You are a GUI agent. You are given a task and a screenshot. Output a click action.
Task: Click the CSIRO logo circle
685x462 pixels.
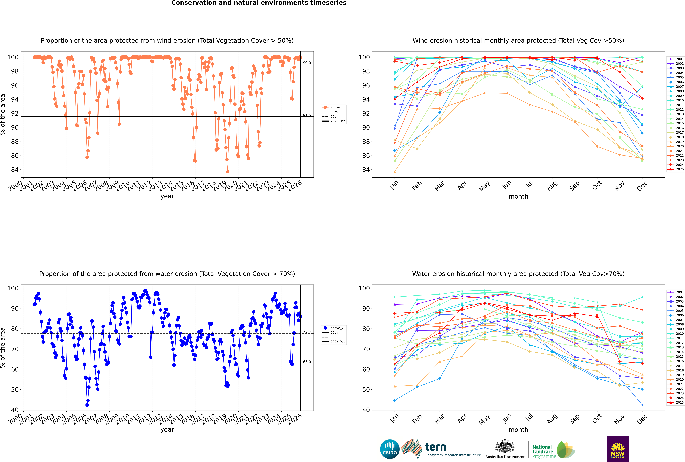click(x=390, y=449)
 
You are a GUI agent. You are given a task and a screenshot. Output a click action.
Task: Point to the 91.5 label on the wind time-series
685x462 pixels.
click(x=307, y=115)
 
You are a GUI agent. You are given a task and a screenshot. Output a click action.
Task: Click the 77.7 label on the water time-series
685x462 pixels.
click(x=307, y=332)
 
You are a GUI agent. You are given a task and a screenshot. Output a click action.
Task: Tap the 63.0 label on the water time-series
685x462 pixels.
click(x=307, y=362)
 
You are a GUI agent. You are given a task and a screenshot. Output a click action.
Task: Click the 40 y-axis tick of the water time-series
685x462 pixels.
click(x=15, y=410)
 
